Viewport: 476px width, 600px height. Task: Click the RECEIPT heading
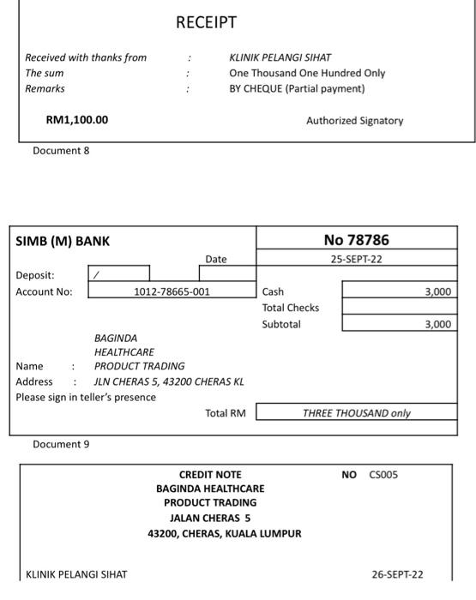pos(206,22)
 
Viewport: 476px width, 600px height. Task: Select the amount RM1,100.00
pos(77,120)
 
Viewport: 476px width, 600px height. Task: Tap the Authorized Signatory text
pos(354,121)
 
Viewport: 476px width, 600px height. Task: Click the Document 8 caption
pos(61,151)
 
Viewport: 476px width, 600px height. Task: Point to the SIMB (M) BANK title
pos(63,242)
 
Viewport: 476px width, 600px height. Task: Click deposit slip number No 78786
pos(356,240)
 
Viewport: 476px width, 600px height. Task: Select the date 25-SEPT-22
pos(356,259)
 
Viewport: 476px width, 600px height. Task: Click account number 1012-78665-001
pos(172,291)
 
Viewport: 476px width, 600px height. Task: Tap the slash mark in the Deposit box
pos(96,275)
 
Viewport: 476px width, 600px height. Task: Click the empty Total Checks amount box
pos(399,308)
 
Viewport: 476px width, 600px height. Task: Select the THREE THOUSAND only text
pos(356,413)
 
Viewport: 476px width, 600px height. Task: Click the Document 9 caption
pos(61,444)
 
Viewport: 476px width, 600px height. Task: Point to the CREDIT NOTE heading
pos(210,475)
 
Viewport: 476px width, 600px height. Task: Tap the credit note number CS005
pos(383,475)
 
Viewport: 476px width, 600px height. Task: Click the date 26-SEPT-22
pos(397,574)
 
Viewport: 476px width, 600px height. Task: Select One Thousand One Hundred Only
pos(307,73)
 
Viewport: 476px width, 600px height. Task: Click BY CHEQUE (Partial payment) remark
pos(297,88)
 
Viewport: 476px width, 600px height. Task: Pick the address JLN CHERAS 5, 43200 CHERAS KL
pos(169,381)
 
